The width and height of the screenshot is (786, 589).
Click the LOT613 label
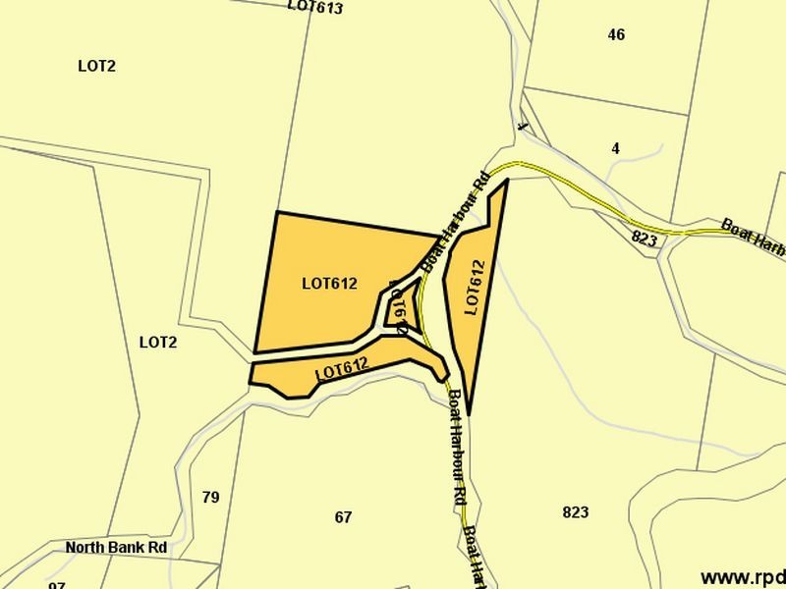pyautogui.click(x=315, y=7)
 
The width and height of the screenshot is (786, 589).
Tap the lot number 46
pyautogui.click(x=616, y=34)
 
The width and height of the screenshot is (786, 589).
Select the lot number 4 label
pyautogui.click(x=615, y=148)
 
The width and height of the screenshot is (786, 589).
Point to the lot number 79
pyautogui.click(x=210, y=497)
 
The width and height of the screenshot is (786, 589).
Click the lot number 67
pyautogui.click(x=343, y=516)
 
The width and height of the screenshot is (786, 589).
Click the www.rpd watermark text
pyautogui.click(x=742, y=577)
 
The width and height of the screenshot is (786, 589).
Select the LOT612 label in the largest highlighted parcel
pyautogui.click(x=329, y=285)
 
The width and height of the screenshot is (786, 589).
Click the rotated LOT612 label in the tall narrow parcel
pyautogui.click(x=475, y=288)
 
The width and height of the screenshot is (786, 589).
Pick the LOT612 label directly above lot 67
pyautogui.click(x=341, y=370)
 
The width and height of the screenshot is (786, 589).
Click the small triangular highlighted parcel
pyautogui.click(x=405, y=306)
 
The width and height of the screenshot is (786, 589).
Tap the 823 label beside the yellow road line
pyautogui.click(x=644, y=239)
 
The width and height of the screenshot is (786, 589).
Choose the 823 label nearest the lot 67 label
pyautogui.click(x=576, y=512)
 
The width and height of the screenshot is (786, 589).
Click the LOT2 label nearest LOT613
pyautogui.click(x=97, y=66)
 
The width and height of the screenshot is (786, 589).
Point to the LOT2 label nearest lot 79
pyautogui.click(x=157, y=343)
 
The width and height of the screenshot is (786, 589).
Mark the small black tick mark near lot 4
pyautogui.click(x=523, y=127)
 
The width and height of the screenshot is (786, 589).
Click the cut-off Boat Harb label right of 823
pyautogui.click(x=754, y=237)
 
